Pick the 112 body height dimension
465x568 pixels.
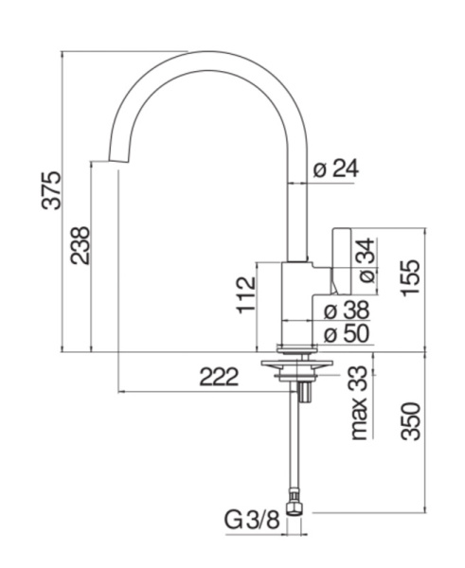[x=246, y=294]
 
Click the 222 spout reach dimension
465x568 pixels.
[x=219, y=377]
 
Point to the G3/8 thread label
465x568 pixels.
[x=252, y=519]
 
